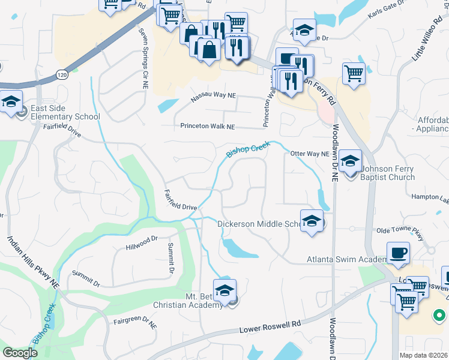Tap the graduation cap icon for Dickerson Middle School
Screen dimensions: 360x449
click(312, 222)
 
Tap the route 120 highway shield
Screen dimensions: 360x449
click(62, 76)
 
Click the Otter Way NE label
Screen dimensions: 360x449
click(310, 154)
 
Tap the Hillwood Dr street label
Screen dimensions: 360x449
click(141, 242)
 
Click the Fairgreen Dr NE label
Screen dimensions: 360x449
click(135, 323)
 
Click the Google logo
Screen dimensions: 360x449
click(20, 353)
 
